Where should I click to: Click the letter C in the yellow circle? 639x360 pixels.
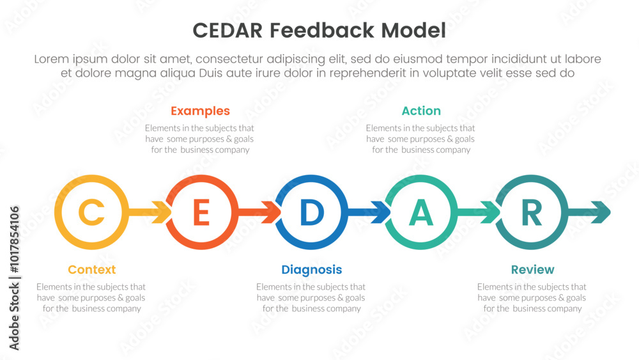91,212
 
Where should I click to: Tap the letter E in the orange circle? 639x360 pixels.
201,212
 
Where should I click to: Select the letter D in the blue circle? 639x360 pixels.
312,212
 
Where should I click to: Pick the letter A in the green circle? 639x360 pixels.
421,212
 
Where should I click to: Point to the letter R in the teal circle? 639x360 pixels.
532,212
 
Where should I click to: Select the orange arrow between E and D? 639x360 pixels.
259,212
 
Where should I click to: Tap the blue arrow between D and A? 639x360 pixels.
369,212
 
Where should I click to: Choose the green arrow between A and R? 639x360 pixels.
479,212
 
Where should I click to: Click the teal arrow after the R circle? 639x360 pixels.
589,212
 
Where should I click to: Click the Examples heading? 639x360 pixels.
200,111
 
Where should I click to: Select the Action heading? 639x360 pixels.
421,111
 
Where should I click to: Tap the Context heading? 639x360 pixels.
91,269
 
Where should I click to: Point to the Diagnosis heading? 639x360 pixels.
312,270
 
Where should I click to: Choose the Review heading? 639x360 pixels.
533,269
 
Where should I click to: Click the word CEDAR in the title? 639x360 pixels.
227,31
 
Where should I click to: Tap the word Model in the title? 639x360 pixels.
413,31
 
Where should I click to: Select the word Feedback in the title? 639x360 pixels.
321,31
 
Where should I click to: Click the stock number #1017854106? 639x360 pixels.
14,239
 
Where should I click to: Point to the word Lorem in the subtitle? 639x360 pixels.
51,59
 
